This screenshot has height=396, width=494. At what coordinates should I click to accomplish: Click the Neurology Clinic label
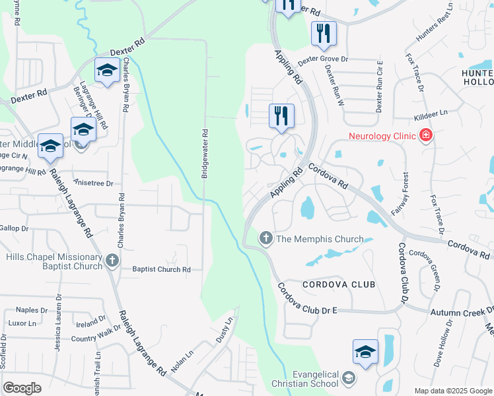tap(382, 137)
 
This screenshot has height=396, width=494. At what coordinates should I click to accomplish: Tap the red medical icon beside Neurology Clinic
tap(426, 136)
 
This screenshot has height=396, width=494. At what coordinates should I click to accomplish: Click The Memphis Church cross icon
tap(265, 238)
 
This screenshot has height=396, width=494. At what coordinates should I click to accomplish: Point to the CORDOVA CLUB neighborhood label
tap(339, 284)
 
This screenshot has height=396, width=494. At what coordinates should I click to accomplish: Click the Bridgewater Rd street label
tap(205, 152)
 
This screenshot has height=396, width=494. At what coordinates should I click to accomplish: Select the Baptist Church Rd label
tap(161, 269)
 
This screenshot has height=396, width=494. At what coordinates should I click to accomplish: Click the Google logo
tap(22, 388)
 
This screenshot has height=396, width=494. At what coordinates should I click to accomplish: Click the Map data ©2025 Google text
tap(452, 391)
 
